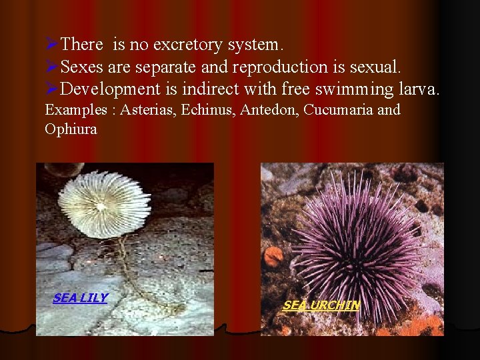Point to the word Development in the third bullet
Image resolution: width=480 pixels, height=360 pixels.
[x=110, y=89]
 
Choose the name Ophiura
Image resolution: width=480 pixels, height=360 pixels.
[x=71, y=129]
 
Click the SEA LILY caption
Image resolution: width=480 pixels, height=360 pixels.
[x=80, y=298]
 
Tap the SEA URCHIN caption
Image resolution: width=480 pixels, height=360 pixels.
[x=321, y=305]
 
